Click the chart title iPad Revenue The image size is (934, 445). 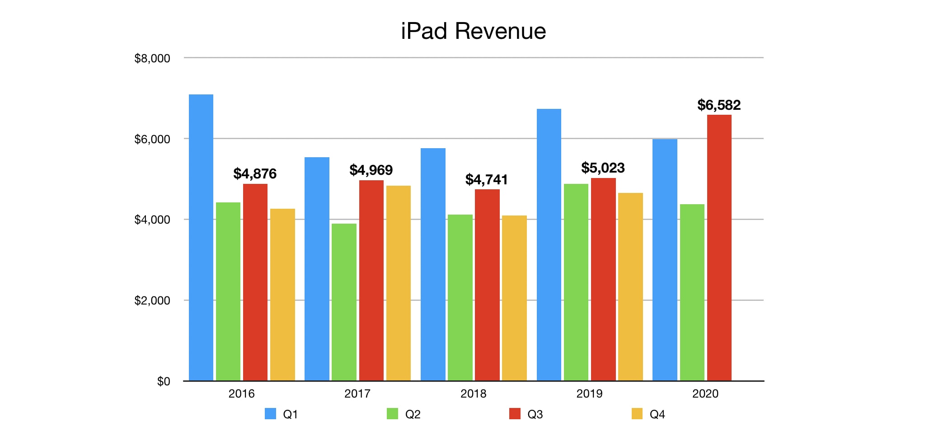coord(473,31)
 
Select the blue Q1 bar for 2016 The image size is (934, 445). coord(201,237)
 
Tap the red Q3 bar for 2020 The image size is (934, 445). coord(719,248)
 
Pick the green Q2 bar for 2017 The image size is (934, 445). coord(344,302)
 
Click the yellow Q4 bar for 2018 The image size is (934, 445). coord(514,298)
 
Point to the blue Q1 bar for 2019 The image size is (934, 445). coord(549,244)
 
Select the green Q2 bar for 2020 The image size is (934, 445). coord(692,292)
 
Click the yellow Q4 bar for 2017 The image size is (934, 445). coord(398,283)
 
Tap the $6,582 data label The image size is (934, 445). coord(718,105)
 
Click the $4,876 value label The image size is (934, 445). coord(255,174)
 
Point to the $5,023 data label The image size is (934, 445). coord(603,168)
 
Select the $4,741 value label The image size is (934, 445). coord(487,180)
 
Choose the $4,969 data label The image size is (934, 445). coord(371,170)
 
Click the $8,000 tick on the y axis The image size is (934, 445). coord(152,58)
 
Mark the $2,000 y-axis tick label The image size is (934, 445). coord(152,300)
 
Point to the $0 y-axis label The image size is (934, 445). coord(163,381)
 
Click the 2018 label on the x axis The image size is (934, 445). coord(473,393)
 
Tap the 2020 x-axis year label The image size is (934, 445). coord(705,393)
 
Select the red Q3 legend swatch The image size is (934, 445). coord(515,414)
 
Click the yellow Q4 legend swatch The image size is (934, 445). coord(637,414)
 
